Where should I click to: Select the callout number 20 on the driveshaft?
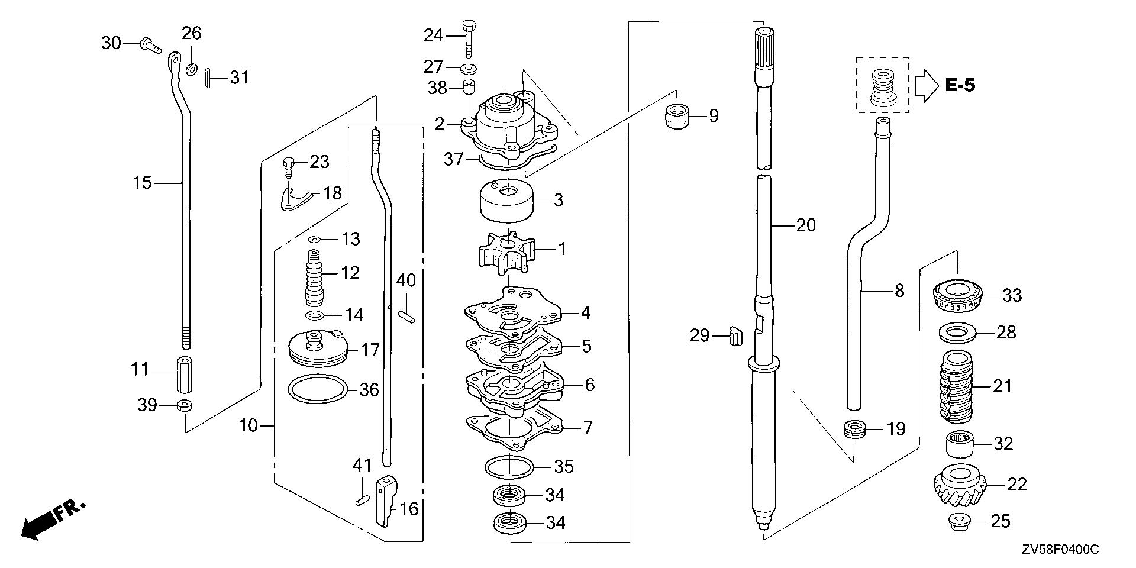805,225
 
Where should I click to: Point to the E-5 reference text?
960,86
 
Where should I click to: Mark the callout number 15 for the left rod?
142,183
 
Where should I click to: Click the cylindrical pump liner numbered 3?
506,201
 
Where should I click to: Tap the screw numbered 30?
150,45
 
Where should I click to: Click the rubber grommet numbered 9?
674,116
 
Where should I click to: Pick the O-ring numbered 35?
509,467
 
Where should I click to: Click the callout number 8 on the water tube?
899,291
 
